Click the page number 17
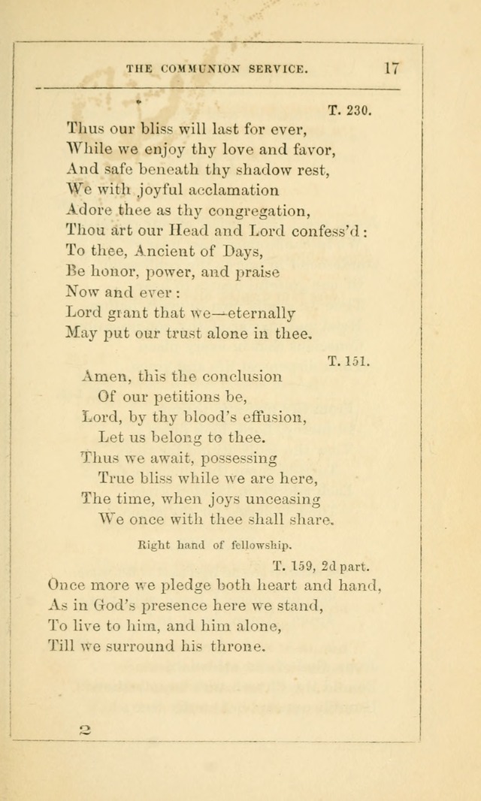tap(391, 67)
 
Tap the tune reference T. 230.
tap(349, 110)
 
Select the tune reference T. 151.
tap(349, 361)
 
